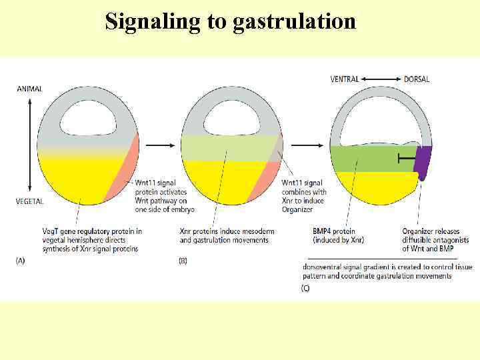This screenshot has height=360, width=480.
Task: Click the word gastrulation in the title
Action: [x=294, y=22]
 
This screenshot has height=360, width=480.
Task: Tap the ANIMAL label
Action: [x=30, y=89]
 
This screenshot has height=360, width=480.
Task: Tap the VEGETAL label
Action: [x=31, y=201]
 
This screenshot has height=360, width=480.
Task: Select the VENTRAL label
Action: [x=345, y=79]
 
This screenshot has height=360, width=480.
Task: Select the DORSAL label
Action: [x=417, y=79]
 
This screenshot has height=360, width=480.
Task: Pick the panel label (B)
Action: [x=183, y=261]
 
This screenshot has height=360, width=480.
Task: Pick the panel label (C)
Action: [x=305, y=289]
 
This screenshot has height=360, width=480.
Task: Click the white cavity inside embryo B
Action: [x=231, y=120]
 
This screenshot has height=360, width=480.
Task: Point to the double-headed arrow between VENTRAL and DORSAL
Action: [x=381, y=79]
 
